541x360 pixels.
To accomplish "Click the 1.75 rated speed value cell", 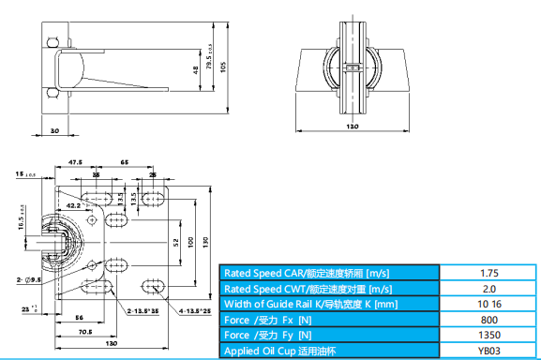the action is click(489, 273).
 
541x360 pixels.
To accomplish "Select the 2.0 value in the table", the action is click(489, 289).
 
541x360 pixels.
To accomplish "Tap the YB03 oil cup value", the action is click(489, 351).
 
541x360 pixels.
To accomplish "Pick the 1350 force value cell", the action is click(489, 335).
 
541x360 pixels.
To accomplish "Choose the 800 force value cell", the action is click(489, 320).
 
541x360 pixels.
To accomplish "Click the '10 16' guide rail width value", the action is click(489, 304).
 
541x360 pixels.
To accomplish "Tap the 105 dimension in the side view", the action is click(223, 67).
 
